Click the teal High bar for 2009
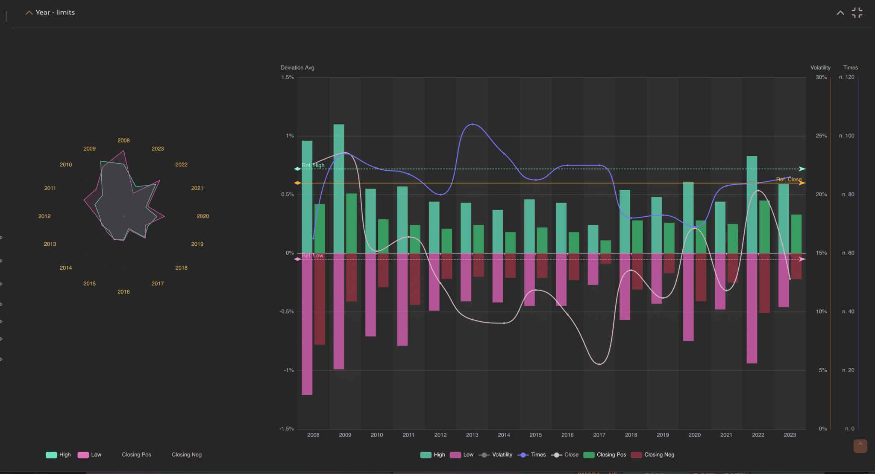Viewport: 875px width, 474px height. point(339,188)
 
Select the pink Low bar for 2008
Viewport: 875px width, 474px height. point(307,324)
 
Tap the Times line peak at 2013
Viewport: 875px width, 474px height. point(472,124)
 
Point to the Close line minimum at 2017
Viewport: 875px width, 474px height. point(599,364)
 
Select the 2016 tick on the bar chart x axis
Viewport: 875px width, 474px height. point(567,435)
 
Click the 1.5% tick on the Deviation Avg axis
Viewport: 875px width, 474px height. point(288,77)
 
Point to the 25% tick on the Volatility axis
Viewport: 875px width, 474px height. point(821,136)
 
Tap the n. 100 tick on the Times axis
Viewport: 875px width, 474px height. point(846,136)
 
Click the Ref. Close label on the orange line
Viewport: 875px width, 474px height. point(789,180)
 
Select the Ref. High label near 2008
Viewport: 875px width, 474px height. point(313,166)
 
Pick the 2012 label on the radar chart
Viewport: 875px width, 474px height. point(44,216)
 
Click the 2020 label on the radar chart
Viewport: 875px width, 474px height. point(203,216)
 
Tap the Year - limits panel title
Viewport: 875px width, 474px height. point(55,12)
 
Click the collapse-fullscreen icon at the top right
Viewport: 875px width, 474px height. point(857,13)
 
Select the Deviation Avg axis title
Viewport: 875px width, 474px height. point(297,67)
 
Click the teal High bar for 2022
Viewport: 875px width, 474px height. point(752,205)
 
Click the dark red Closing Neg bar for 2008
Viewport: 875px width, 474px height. point(320,299)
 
